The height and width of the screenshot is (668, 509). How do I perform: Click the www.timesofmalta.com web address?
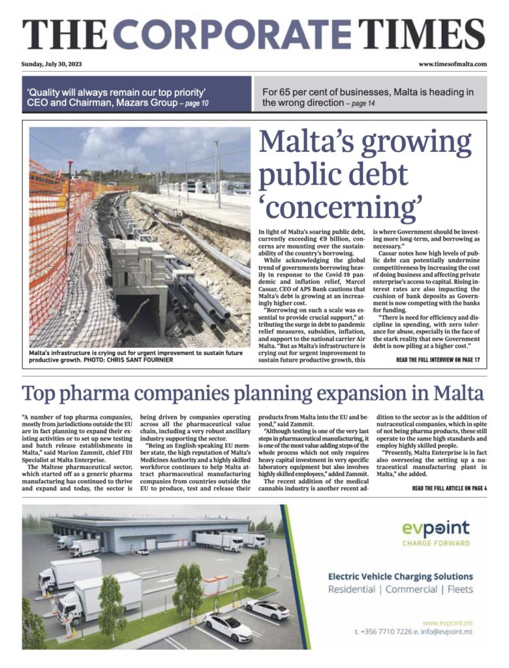pos(452,64)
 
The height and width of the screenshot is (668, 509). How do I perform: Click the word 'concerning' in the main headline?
pos(339,207)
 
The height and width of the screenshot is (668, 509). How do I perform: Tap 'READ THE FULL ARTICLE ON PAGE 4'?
pos(449,488)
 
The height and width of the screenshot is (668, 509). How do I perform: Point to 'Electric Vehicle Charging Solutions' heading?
pos(400,577)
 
